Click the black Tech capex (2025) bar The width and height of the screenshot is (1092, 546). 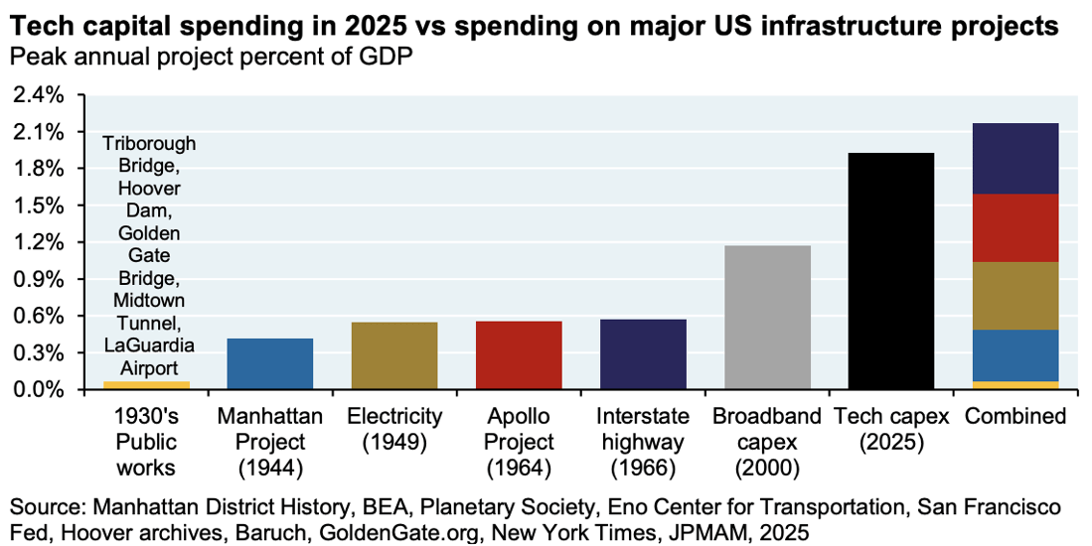coord(890,270)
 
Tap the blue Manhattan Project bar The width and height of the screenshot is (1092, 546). coord(270,363)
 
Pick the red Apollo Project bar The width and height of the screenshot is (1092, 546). coord(519,354)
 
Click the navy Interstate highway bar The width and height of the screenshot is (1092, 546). coord(643,353)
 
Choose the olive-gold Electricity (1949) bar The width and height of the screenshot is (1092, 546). coord(394,355)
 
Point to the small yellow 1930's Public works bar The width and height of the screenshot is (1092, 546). coord(146,385)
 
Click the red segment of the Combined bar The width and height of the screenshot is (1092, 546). coord(1014,227)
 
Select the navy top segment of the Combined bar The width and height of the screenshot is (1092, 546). coord(1014,158)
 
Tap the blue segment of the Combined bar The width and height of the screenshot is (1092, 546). coord(1014,355)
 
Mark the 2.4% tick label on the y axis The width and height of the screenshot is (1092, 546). coord(37,95)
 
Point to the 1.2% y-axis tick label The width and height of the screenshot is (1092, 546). coord(37,242)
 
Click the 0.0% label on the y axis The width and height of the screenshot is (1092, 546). coord(37,390)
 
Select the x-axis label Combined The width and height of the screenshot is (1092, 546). coord(1014,416)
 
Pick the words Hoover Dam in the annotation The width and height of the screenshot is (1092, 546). coord(149,198)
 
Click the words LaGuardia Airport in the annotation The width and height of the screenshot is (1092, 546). coord(149,355)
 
